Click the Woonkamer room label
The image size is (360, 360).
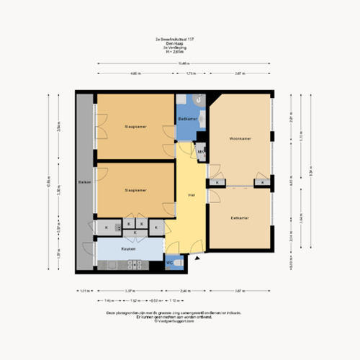coord(240,138)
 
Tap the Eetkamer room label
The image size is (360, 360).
coord(240,217)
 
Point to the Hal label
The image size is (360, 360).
coord(191,194)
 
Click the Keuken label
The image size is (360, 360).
coord(130,249)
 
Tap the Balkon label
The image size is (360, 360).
coord(83,183)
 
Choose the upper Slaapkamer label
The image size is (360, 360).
coord(135,126)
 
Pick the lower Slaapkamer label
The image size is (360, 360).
coord(135,190)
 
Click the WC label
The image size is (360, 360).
coord(171,263)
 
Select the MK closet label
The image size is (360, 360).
coord(202,152)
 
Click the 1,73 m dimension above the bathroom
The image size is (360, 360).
coord(190,73)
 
